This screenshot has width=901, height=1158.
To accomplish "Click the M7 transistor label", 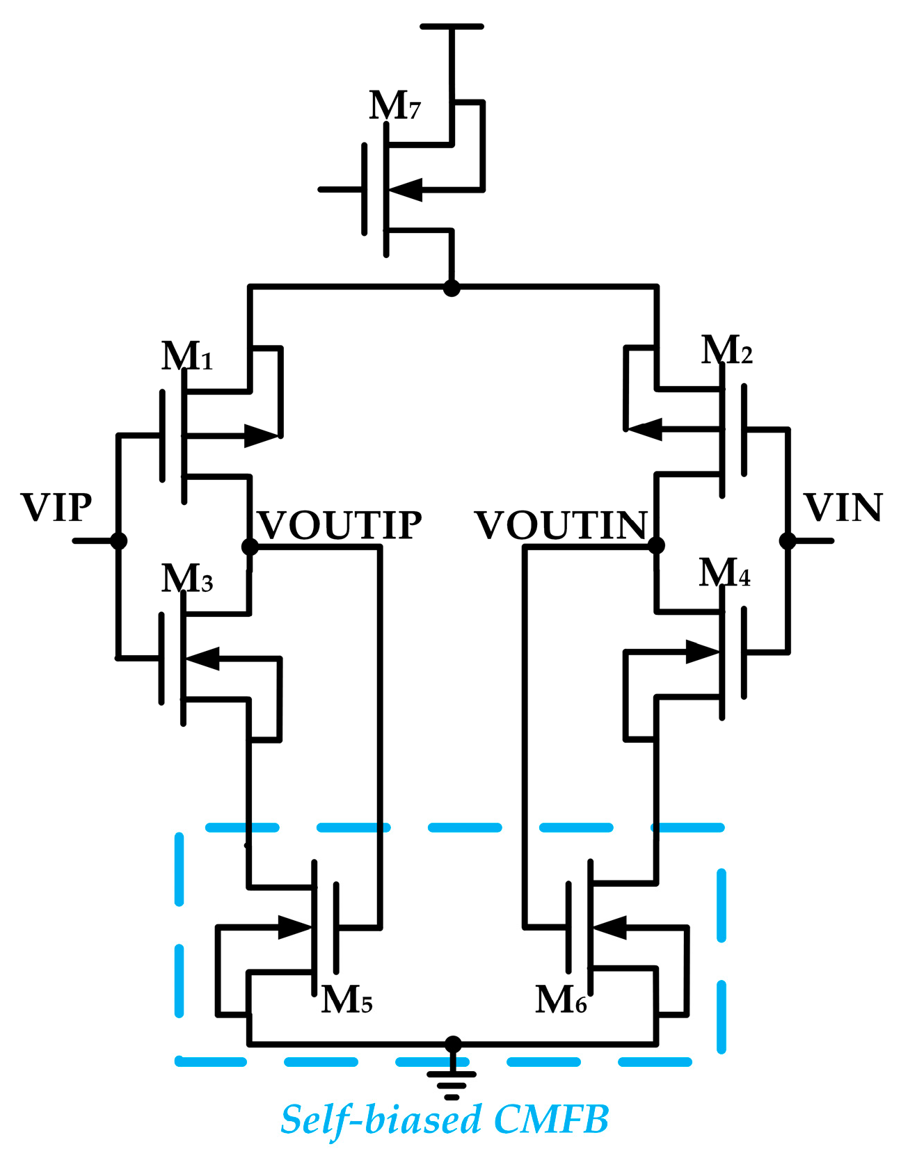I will tap(394, 106).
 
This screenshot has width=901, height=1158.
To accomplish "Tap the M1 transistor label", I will tap(186, 356).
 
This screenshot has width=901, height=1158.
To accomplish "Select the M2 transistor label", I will tap(726, 350).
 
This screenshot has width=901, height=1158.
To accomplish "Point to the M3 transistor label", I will tap(186, 578).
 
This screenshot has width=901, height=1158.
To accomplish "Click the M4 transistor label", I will tap(724, 573).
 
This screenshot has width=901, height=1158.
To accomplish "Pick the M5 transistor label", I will tap(346, 999).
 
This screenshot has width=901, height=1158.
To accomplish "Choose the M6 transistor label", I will tap(561, 999).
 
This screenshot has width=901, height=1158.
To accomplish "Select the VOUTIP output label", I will tap(340, 525).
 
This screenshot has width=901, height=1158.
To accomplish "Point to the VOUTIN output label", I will tap(561, 525).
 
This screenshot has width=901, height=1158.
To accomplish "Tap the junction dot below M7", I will tap(452, 287).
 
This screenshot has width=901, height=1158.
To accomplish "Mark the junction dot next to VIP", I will tap(119, 540).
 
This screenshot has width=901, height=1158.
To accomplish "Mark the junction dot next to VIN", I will tap(788, 540).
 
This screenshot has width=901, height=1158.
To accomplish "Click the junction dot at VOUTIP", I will tap(250, 547).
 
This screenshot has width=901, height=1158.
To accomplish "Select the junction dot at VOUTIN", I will tap(656, 545).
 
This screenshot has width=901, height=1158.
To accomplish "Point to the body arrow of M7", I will tap(406, 189).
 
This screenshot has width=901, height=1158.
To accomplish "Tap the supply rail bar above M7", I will tap(452, 26).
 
